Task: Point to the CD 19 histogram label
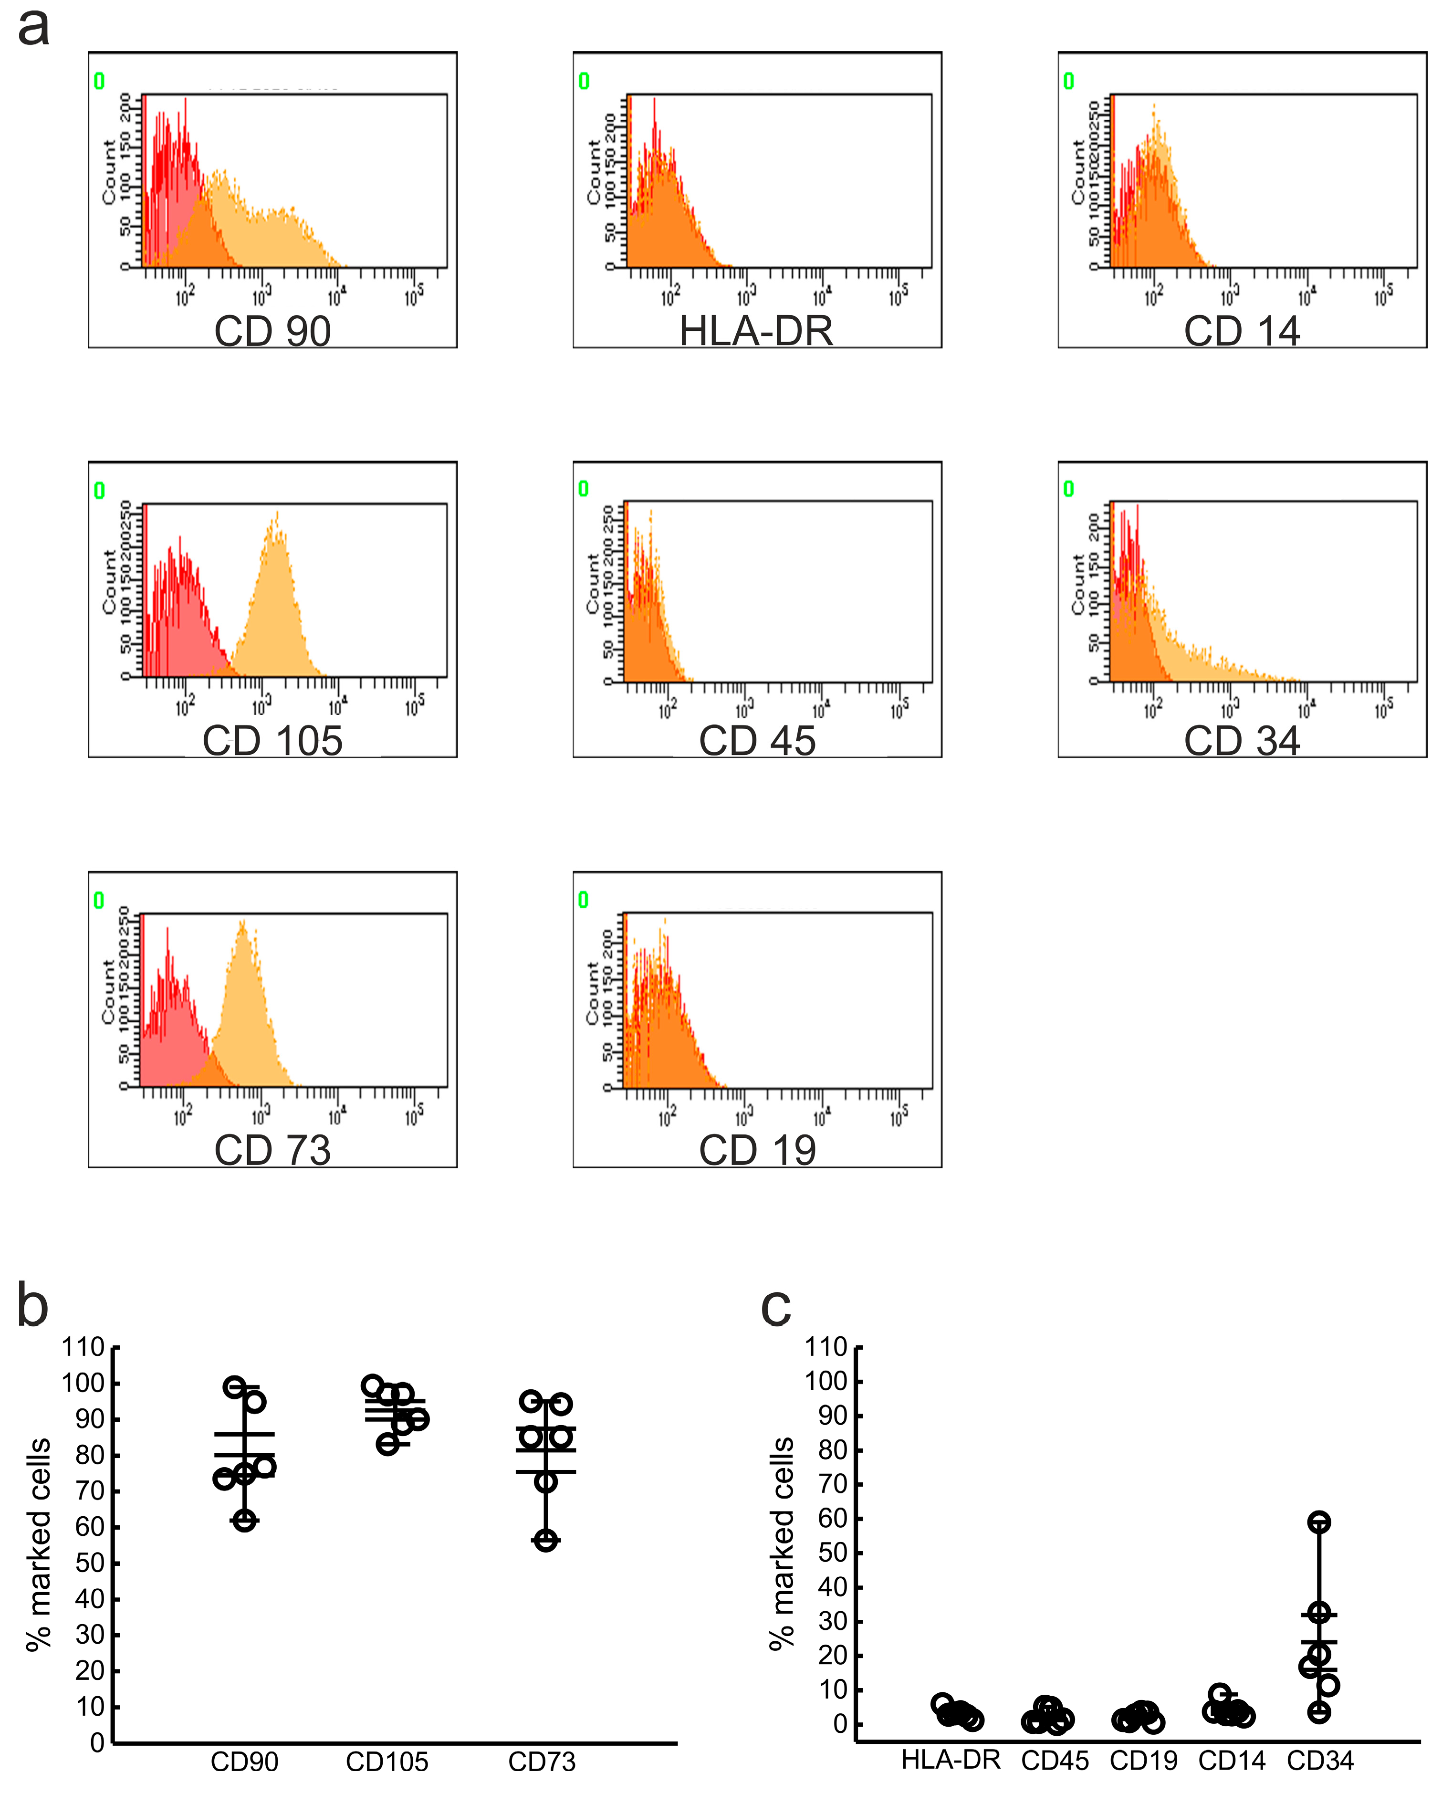pos(756,1150)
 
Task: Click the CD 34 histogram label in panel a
pos(1242,741)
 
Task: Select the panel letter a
pos(33,27)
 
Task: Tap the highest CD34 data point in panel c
pos(1319,1523)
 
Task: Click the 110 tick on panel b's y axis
pos(83,1347)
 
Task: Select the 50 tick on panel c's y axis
pos(832,1553)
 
